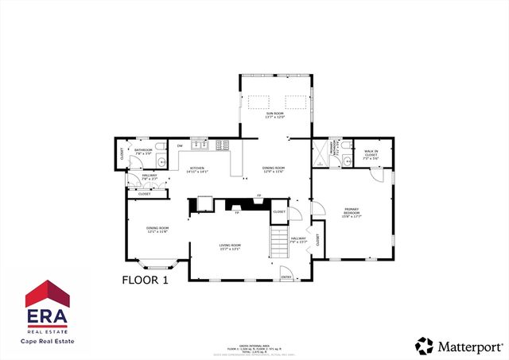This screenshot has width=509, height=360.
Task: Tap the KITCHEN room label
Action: pyautogui.click(x=197, y=170)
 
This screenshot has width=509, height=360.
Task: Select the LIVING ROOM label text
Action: pyautogui.click(x=230, y=247)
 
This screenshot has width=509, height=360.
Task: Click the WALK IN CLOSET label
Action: pyautogui.click(x=371, y=153)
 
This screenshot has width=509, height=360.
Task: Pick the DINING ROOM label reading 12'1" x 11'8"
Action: pyautogui.click(x=157, y=230)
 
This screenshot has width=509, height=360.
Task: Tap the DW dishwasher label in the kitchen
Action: pyautogui.click(x=181, y=146)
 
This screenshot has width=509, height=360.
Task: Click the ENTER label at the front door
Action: pyautogui.click(x=286, y=276)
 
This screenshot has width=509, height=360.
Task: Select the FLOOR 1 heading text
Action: pyautogui.click(x=146, y=280)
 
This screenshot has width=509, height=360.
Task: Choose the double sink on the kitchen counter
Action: pyautogui.click(x=203, y=145)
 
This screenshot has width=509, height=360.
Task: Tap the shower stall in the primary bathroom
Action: pyautogui.click(x=321, y=152)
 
